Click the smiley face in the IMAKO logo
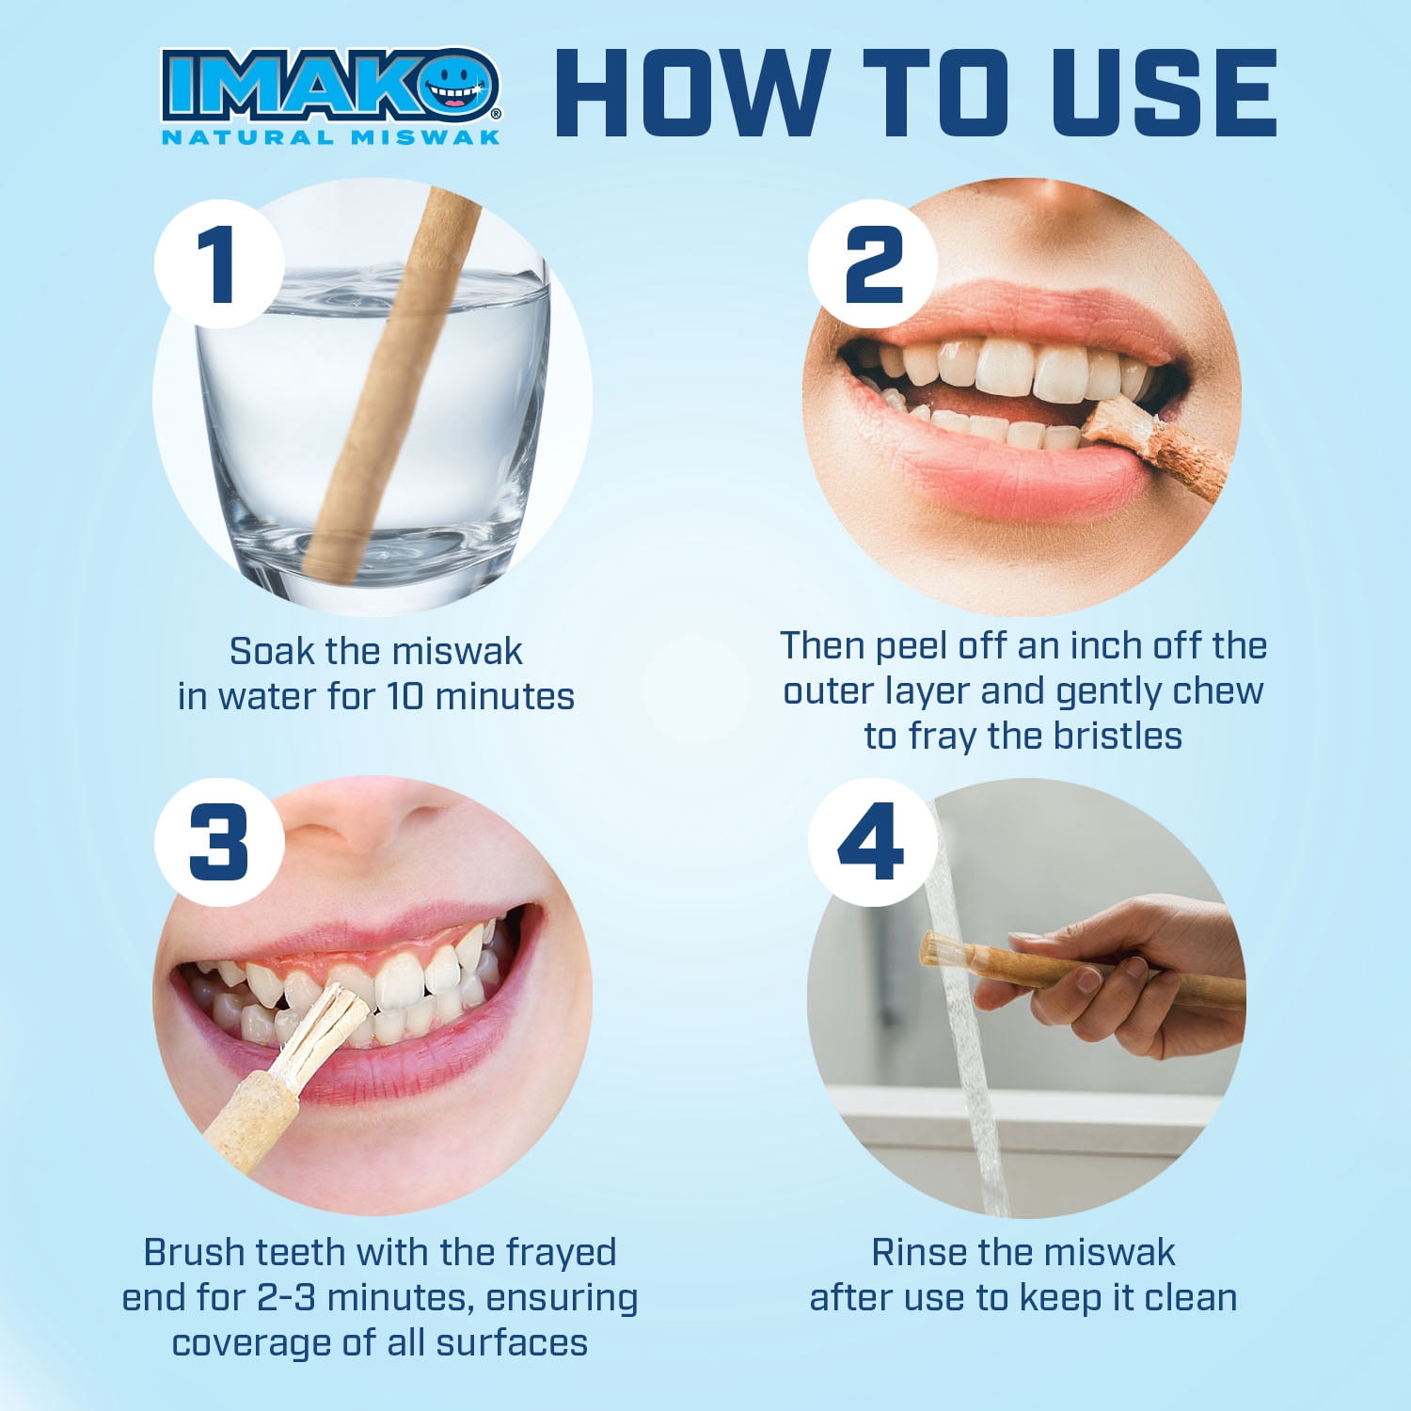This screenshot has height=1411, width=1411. pyautogui.click(x=461, y=87)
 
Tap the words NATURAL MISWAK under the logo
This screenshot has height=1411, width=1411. pyautogui.click(x=331, y=137)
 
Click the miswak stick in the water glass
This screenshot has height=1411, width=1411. pyautogui.click(x=388, y=386)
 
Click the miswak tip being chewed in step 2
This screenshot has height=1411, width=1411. pyautogui.click(x=1115, y=419)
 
